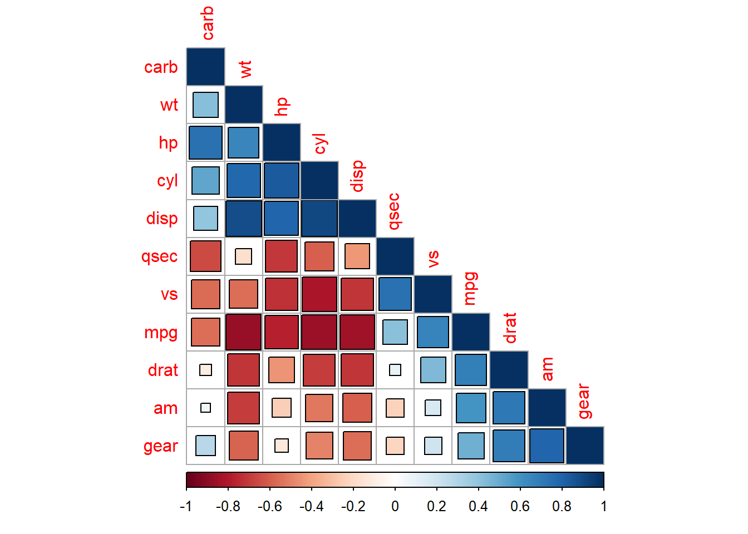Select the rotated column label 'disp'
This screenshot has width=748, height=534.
pos(357,176)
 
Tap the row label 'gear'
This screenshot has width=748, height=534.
pos(161,446)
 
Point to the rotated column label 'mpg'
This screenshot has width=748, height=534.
pos(470,288)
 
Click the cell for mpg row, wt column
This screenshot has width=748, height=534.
pos(244,332)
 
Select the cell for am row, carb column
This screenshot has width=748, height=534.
pos(205,408)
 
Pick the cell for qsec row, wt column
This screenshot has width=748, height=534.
pos(244,256)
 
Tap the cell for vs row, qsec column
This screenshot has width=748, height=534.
pos(395,294)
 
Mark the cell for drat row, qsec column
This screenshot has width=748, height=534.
pos(395,370)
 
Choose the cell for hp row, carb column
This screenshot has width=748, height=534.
pos(205,143)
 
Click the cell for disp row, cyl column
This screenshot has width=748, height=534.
pos(319,219)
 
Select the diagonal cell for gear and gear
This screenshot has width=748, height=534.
pos(585,446)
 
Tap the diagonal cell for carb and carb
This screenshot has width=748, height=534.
pos(205,67)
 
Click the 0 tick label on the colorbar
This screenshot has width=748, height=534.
pos(395,506)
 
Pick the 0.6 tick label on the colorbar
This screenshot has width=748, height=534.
pos(520,506)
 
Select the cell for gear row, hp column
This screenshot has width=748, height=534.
pos(282,446)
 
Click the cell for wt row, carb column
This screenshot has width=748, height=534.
pos(205,105)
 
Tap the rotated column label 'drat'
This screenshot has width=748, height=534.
pos(509,328)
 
